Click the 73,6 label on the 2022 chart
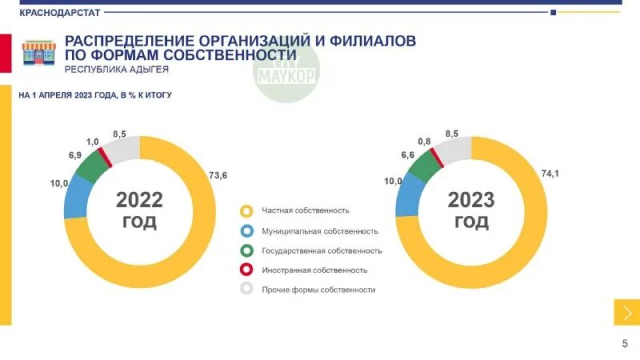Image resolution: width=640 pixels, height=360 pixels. point(218,175)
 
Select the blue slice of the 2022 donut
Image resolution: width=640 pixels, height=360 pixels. point(74,199)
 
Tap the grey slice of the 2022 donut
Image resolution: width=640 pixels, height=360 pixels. point(123,148)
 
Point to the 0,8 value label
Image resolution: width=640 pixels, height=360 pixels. point(424,141)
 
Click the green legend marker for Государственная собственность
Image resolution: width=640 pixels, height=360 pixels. point(247,250)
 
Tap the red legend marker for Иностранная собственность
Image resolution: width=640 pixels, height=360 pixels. point(247,270)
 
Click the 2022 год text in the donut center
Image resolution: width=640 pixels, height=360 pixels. point(139,210)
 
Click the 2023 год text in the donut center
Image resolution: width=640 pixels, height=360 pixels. point(471,210)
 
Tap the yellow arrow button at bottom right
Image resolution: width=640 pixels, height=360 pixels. point(626,312)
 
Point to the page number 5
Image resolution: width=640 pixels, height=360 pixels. point(625,343)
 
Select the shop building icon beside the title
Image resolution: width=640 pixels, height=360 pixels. point(38,54)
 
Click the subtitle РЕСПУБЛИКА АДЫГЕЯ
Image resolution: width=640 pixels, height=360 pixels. point(116,70)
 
